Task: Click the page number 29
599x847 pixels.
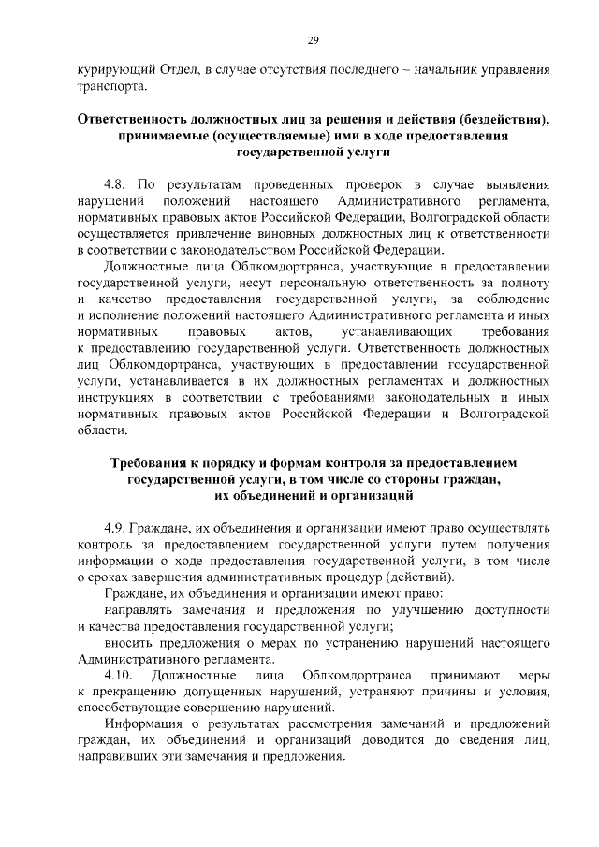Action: pyautogui.click(x=313, y=38)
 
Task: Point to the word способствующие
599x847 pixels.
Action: pyautogui.click(x=125, y=707)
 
